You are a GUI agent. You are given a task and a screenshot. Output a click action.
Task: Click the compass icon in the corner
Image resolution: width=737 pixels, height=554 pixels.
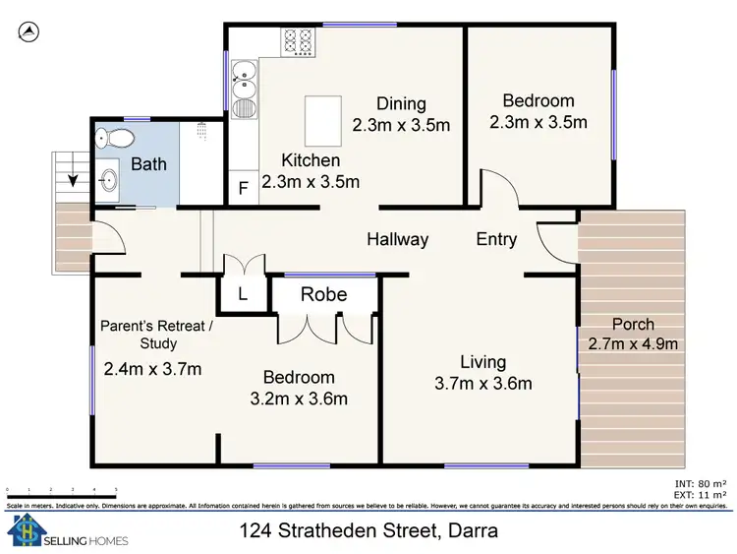pyautogui.click(x=28, y=32)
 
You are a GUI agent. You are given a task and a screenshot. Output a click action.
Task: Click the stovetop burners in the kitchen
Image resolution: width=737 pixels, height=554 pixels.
pyautogui.click(x=298, y=41)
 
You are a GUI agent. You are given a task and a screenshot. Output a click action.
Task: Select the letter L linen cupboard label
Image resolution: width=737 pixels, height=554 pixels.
pyautogui.click(x=243, y=294)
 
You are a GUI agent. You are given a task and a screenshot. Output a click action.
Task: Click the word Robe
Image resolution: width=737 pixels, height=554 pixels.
pyautogui.click(x=323, y=293)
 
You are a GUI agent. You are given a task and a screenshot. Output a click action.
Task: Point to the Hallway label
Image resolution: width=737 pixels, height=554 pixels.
pyautogui.click(x=398, y=239)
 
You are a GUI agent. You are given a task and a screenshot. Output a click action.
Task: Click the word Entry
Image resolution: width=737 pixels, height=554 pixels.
pyautogui.click(x=496, y=239)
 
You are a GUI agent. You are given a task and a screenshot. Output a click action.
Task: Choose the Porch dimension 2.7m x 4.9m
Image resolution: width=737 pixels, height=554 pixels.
pyautogui.click(x=632, y=343)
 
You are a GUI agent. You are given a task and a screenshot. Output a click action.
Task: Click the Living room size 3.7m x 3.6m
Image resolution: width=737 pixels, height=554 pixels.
pyautogui.click(x=482, y=383)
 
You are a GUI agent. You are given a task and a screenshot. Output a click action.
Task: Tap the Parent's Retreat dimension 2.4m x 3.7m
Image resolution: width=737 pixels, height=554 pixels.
pyautogui.click(x=152, y=369)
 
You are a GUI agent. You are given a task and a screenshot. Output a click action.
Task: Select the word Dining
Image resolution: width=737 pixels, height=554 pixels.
pyautogui.click(x=401, y=104)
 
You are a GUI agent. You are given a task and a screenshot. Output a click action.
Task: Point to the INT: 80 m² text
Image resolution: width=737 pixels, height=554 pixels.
pyautogui.click(x=702, y=483)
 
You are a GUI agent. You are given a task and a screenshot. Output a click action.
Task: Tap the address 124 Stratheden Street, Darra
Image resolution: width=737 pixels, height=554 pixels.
pyautogui.click(x=368, y=531)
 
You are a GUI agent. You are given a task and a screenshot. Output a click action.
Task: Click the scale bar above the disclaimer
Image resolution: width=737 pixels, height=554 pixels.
pyautogui.click(x=61, y=489)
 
